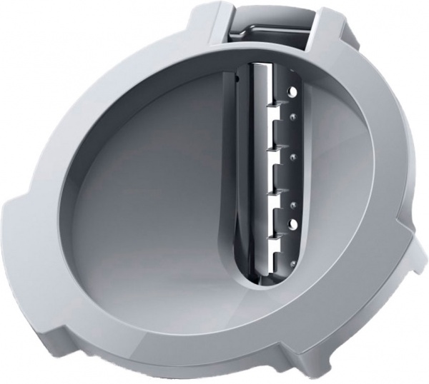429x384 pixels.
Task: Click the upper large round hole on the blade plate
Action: pyautogui.click(x=292, y=91)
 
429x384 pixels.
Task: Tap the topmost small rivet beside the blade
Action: pyautogui.click(x=294, y=112)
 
